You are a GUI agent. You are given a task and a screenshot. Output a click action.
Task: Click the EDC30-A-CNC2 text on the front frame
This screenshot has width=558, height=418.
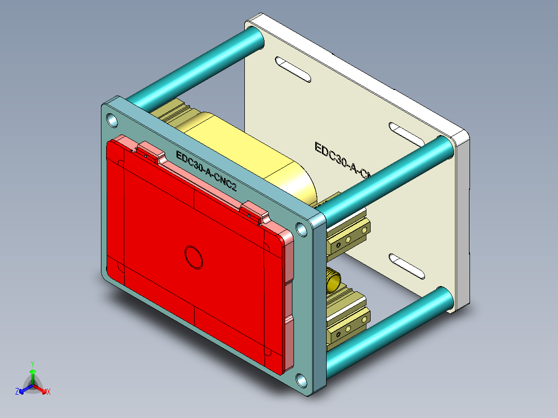pyautogui.click(x=206, y=171)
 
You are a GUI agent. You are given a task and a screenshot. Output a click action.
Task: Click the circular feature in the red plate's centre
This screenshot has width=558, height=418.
pyautogui.click(x=194, y=256)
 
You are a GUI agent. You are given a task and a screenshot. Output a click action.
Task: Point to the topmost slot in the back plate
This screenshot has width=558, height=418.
pyautogui.click(x=292, y=69)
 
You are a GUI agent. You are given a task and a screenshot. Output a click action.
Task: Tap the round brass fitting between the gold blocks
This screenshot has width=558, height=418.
pyautogui.click(x=332, y=282)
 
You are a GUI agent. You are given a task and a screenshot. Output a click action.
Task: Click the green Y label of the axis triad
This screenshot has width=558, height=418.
pyautogui.click(x=32, y=364)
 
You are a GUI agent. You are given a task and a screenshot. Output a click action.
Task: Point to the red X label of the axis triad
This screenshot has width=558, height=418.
pyautogui.click(x=49, y=392)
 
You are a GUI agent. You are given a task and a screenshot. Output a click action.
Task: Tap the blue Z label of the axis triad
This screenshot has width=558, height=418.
pyautogui.click(x=17, y=392)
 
